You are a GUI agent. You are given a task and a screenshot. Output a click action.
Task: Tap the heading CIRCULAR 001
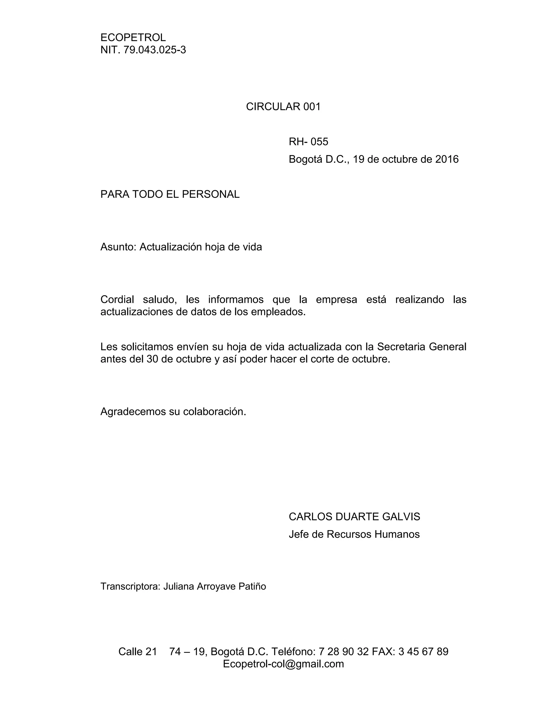283,107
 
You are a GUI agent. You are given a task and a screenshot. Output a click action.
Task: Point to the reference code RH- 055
308,142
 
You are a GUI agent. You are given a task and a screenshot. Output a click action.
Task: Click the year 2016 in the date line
447,159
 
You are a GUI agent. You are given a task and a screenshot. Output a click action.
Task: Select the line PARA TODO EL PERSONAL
170,194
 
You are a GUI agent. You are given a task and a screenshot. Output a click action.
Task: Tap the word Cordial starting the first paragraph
117,299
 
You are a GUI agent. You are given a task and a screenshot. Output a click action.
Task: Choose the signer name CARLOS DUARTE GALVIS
354,516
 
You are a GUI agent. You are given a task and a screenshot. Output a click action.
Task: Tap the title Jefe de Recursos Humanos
354,534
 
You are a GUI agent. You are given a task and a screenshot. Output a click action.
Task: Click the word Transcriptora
130,586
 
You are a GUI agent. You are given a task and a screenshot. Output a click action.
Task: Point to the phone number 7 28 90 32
344,652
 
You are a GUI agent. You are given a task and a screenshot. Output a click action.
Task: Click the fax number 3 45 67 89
423,652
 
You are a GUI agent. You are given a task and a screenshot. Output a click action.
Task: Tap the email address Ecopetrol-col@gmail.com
283,664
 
